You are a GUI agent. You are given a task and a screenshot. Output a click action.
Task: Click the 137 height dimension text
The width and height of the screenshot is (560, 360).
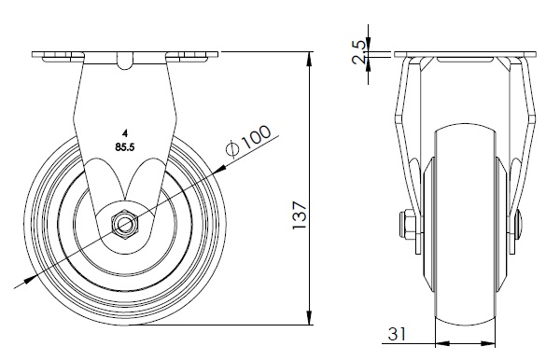point(300,215)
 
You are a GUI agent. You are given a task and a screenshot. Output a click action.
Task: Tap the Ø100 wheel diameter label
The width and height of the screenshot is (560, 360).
point(249,141)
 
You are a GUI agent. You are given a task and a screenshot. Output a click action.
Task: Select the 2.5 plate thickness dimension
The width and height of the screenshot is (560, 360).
point(359,52)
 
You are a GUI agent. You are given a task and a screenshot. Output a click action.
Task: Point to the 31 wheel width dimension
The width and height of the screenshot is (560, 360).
point(397,334)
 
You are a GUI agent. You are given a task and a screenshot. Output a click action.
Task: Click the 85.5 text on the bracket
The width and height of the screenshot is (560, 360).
point(125,146)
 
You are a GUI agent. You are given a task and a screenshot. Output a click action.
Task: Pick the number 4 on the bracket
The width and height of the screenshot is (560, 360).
point(125,134)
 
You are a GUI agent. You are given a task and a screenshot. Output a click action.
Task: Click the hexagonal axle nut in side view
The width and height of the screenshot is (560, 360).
point(125,224)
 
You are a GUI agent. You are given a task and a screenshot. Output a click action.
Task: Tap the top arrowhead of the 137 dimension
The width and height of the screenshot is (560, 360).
point(310,59)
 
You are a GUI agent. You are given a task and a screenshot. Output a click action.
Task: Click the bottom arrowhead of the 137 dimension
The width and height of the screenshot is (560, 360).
point(310,318)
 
